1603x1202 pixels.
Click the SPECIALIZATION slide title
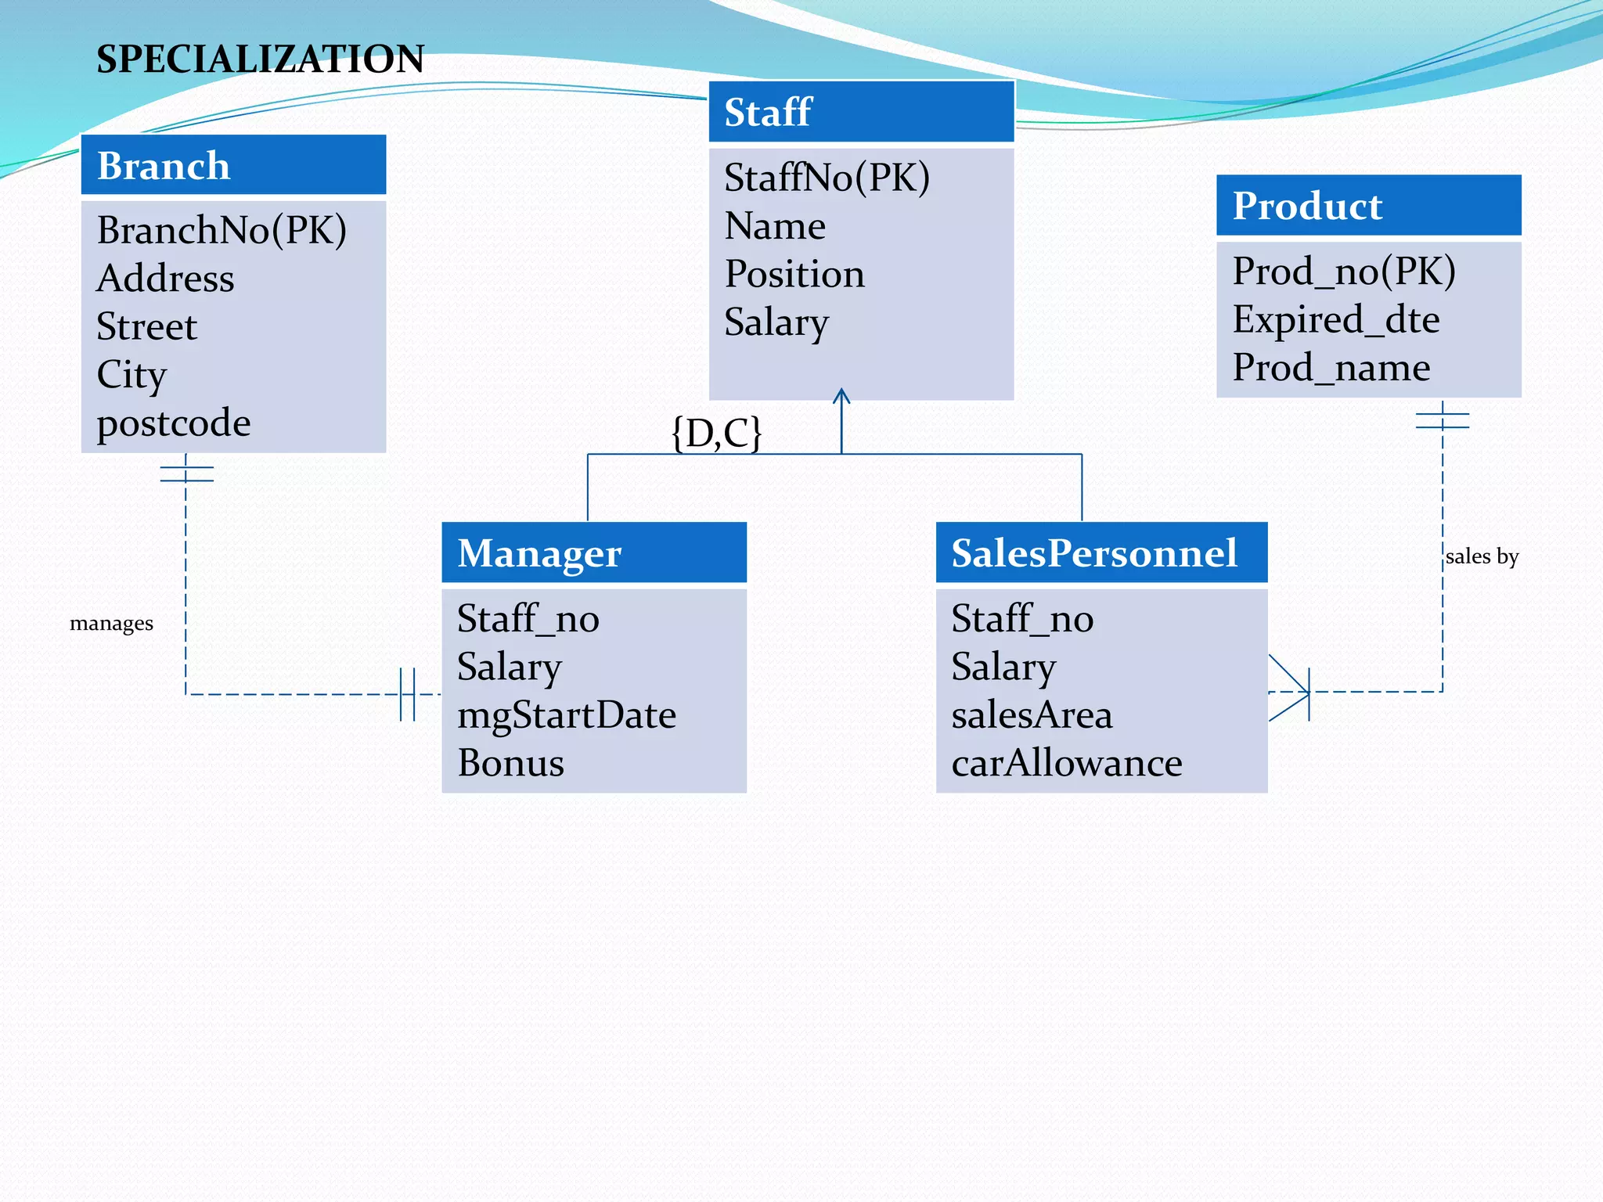click(x=260, y=59)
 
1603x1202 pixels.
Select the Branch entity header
click(x=233, y=165)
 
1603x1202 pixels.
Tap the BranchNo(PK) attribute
click(x=222, y=230)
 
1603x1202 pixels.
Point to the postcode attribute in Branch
click(x=173, y=423)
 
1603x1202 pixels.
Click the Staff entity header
click(x=861, y=112)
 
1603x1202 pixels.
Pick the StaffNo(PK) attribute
click(x=827, y=178)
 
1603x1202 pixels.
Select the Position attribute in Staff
click(x=794, y=274)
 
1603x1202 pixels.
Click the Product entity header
click(x=1368, y=206)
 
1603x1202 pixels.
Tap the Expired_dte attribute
click(x=1335, y=319)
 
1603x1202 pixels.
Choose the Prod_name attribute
click(x=1331, y=368)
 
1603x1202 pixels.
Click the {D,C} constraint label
click(x=716, y=433)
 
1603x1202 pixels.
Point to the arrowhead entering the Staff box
click(x=841, y=395)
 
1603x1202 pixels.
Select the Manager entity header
click(x=593, y=553)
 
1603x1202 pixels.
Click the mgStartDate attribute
click(x=566, y=715)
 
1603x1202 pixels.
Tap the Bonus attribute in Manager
click(x=510, y=763)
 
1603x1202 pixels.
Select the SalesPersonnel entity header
click(x=1100, y=553)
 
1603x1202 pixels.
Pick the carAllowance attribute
click(x=1066, y=763)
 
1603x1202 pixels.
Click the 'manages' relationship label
click(x=111, y=624)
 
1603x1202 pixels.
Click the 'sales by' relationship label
click(x=1481, y=556)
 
